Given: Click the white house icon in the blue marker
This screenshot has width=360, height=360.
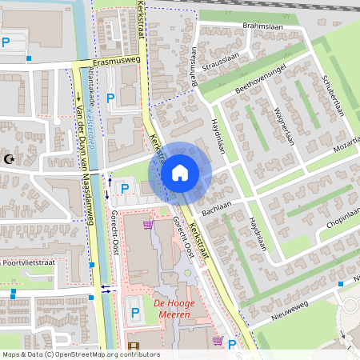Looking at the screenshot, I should (x=180, y=173).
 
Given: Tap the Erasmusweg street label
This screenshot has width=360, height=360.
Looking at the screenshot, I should (x=116, y=60).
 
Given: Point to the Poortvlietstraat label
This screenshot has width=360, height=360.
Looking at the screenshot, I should (x=30, y=262).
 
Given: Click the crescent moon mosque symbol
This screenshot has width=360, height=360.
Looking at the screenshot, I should (x=10, y=160).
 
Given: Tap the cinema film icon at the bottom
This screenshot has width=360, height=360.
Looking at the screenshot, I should (x=133, y=346).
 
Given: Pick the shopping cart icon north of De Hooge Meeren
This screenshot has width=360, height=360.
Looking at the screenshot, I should (x=147, y=226).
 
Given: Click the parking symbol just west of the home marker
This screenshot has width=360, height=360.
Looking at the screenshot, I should (x=124, y=188).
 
